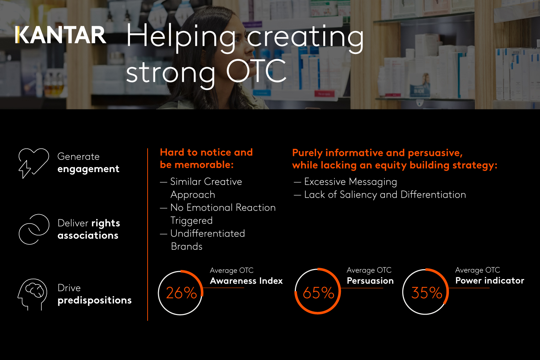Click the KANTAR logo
(60, 35)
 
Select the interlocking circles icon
(34, 229)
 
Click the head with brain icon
(32, 294)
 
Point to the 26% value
(181, 293)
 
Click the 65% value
(319, 293)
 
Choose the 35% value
(427, 293)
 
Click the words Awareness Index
(246, 281)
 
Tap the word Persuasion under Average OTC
(370, 281)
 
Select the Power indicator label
(490, 281)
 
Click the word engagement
(88, 169)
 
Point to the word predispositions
(94, 301)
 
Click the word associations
(88, 235)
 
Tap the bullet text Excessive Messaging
(351, 182)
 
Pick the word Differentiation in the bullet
(433, 195)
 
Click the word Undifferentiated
(208, 233)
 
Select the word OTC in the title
(256, 71)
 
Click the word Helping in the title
(181, 37)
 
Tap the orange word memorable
(204, 165)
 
